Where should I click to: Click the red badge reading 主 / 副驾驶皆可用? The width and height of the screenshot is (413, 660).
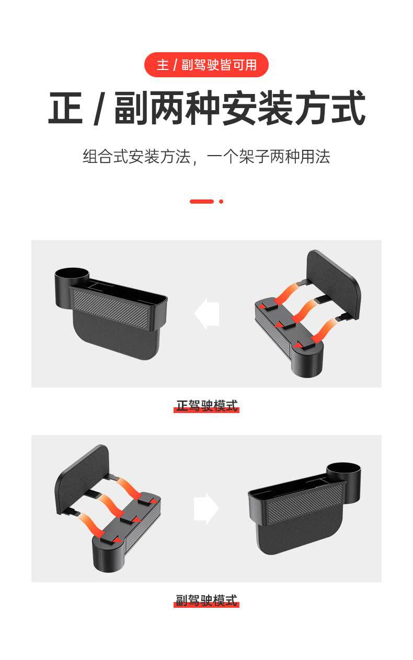pyautogui.click(x=206, y=65)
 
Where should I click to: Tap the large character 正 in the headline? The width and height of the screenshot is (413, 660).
pyautogui.click(x=65, y=108)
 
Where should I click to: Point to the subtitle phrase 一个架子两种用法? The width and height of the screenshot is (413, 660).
pyautogui.click(x=269, y=157)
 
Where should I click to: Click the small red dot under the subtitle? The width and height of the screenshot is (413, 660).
pyautogui.click(x=221, y=202)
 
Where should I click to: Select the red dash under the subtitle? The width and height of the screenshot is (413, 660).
pyautogui.click(x=201, y=202)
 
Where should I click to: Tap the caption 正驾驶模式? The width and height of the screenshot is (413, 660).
pyautogui.click(x=206, y=406)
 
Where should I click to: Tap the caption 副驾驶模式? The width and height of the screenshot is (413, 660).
pyautogui.click(x=206, y=600)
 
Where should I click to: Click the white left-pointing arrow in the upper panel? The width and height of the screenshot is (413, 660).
pyautogui.click(x=207, y=313)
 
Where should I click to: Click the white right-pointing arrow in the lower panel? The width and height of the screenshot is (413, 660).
pyautogui.click(x=206, y=509)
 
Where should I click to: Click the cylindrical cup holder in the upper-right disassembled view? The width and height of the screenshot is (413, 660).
pyautogui.click(x=307, y=360)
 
